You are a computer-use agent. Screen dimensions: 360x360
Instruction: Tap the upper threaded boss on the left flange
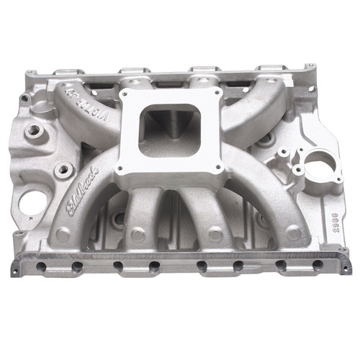33,132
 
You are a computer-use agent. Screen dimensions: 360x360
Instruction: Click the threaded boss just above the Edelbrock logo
63,170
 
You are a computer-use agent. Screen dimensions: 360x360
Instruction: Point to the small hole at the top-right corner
310,67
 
